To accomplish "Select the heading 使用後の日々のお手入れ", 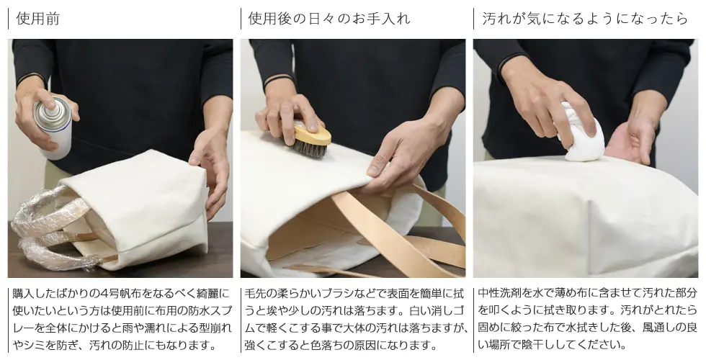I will (329, 19).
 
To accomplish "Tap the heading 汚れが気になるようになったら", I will (585, 19).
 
